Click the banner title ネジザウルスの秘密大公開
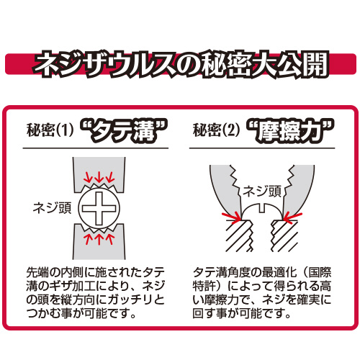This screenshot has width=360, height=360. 181,64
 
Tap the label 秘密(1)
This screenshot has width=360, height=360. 50,130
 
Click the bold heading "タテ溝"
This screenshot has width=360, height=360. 124,130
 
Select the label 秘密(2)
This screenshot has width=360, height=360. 217,130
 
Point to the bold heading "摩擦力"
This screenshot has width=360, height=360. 290,130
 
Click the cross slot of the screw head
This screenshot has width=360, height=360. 99,208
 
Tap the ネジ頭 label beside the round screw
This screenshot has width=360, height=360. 52,208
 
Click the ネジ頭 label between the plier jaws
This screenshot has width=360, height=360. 262,192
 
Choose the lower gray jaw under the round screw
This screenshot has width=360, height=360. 99,243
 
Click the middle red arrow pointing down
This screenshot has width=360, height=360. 99,178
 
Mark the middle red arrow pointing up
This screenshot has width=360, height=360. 99,238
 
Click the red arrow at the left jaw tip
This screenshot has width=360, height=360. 231,216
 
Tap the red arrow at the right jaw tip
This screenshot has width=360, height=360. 292,217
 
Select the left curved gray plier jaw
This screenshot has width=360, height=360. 225,189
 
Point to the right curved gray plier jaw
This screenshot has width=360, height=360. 299,189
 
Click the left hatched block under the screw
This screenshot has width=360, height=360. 240,235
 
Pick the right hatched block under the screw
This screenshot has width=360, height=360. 284,235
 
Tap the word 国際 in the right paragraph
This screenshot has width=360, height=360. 320,272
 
